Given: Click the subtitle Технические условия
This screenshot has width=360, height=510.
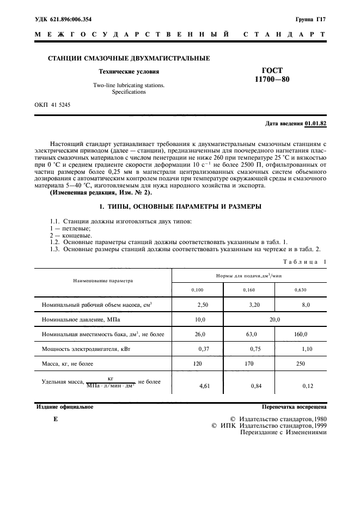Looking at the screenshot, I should coord(129,71).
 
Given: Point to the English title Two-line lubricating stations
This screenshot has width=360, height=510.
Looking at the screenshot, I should coord(129,86).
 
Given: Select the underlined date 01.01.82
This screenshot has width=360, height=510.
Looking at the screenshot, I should coord(316,124).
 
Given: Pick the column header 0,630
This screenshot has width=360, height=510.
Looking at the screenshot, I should coord(300,290).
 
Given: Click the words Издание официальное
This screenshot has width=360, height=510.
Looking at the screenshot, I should coord(64,406).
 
